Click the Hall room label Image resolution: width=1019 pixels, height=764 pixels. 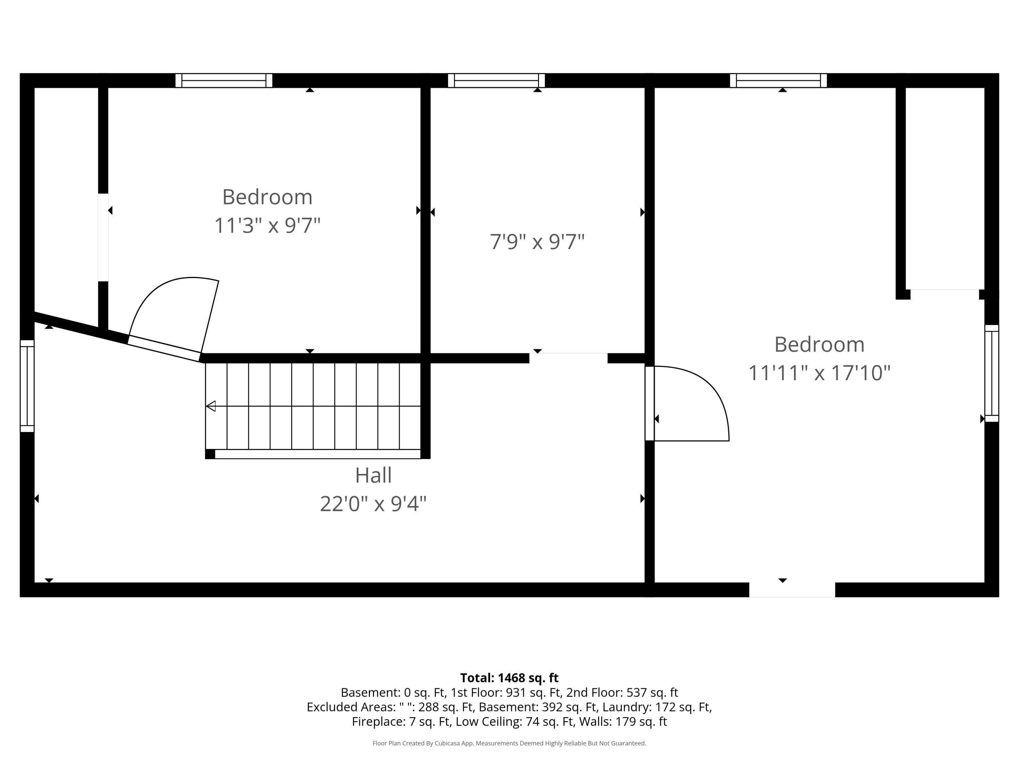[x=373, y=475]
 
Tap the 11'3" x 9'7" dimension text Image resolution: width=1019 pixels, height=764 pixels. [x=267, y=226]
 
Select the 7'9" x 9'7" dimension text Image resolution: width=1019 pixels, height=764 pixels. [x=537, y=242]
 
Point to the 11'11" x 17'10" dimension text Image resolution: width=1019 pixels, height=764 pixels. [x=819, y=373]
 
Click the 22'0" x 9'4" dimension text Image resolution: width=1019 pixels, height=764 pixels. [x=373, y=504]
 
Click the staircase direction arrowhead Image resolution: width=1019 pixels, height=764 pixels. [x=211, y=406]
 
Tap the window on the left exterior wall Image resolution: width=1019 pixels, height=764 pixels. [x=27, y=386]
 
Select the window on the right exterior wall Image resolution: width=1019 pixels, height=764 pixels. [x=991, y=374]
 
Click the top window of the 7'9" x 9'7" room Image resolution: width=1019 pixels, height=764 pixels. [x=496, y=80]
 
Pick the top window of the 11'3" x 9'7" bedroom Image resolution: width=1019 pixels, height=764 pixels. [x=224, y=80]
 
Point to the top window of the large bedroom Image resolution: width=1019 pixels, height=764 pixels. [x=778, y=80]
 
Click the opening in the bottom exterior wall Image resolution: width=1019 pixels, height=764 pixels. [x=792, y=590]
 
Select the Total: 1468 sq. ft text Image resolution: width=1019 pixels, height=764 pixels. [x=509, y=678]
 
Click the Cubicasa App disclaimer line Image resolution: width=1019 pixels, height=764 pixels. [x=509, y=743]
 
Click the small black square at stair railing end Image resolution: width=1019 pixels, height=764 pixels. [x=210, y=454]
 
